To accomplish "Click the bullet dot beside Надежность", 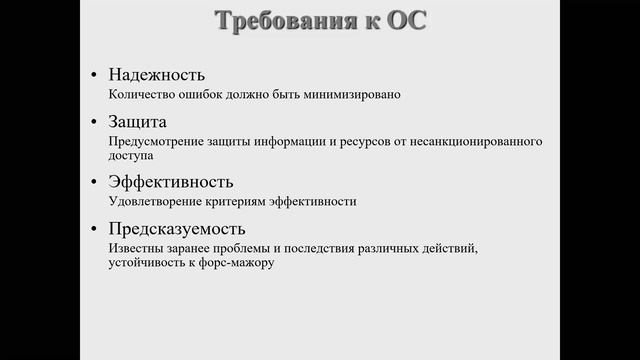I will click(x=94, y=76).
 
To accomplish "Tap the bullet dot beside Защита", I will click(x=94, y=122).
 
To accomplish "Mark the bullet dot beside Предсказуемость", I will click(x=94, y=229).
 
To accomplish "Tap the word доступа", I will click(x=132, y=156).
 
